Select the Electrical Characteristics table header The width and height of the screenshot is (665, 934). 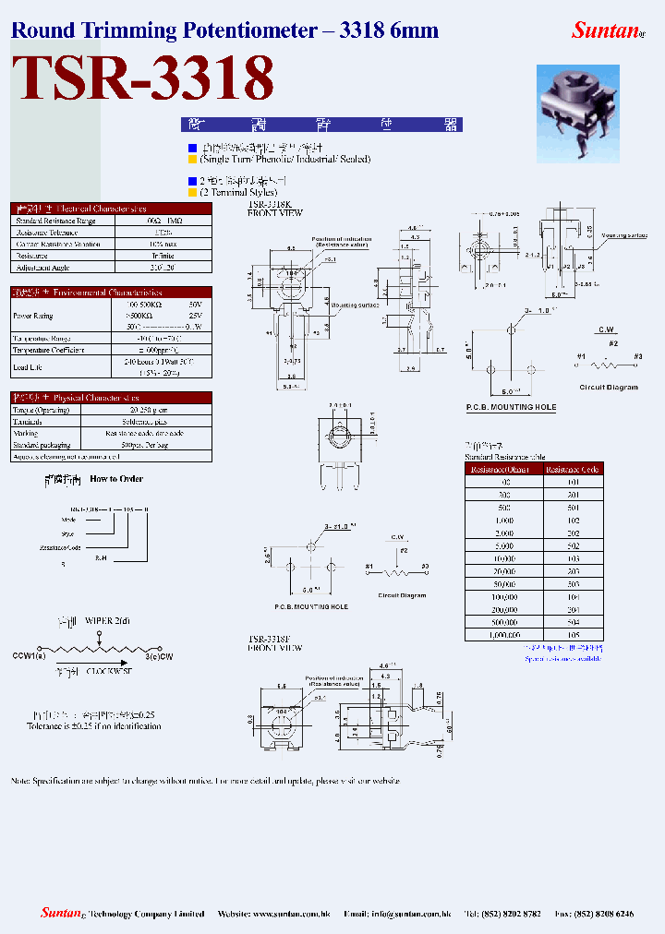point(111,209)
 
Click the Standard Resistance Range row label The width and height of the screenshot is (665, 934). point(55,221)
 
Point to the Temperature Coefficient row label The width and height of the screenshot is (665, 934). point(47,350)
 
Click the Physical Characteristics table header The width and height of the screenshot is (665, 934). point(111,398)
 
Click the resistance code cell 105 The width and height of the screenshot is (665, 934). point(574,636)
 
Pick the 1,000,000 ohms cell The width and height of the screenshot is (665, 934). point(504,636)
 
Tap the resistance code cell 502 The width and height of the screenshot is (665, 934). point(574,546)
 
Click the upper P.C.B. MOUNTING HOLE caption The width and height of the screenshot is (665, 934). point(511,407)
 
